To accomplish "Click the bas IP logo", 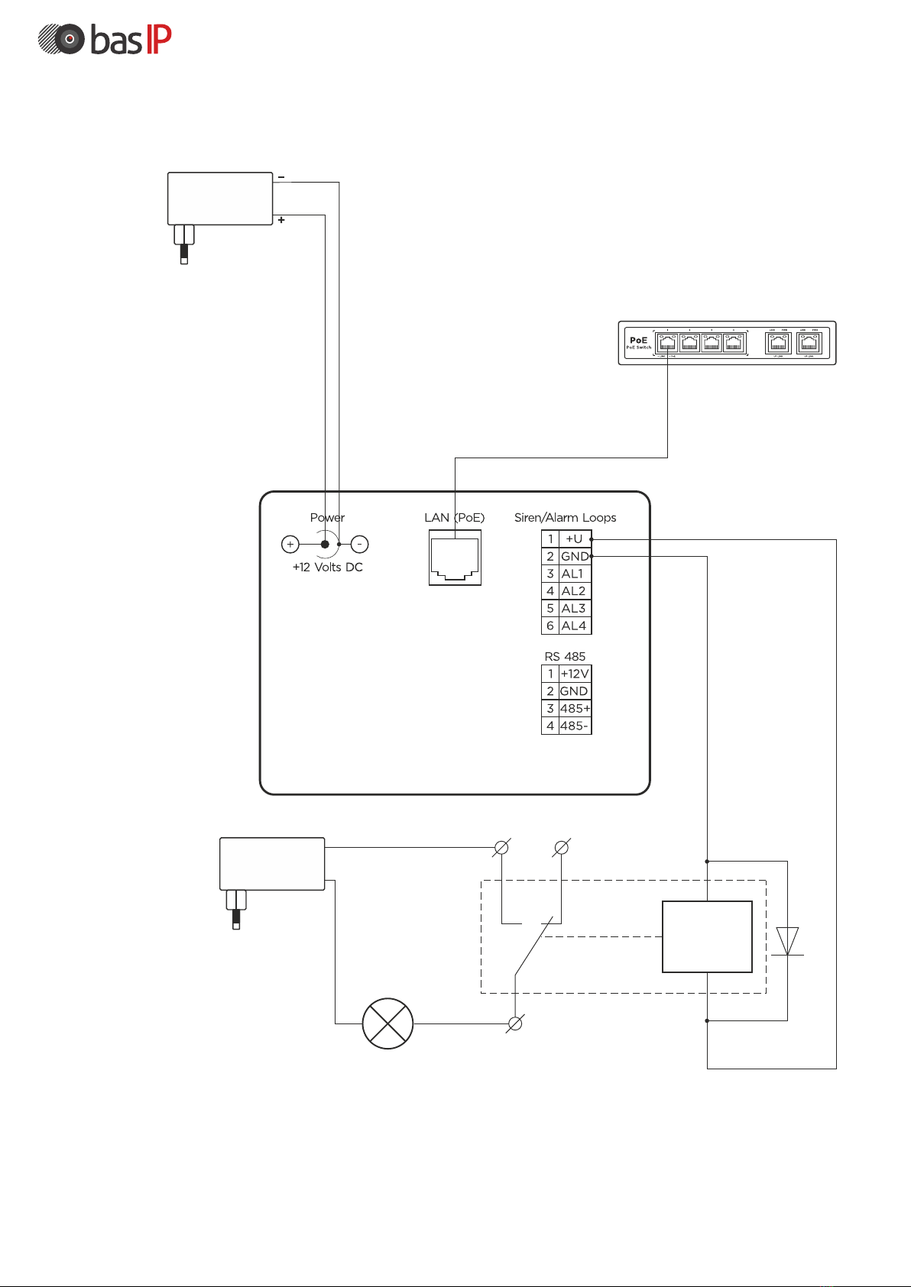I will click(105, 40).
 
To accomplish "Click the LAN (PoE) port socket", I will click(455, 558).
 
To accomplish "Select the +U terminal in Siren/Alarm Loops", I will click(574, 538).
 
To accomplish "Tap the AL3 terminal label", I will click(574, 608).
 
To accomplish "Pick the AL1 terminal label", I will click(572, 574).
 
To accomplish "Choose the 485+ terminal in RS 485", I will click(575, 709).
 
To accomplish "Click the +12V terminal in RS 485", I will click(575, 674).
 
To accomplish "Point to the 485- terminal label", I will click(575, 726).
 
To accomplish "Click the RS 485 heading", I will click(565, 657).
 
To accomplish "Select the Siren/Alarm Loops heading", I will click(565, 518).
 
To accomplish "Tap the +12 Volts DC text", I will click(327, 568).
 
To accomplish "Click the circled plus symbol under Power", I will click(290, 545).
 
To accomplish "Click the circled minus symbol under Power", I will click(359, 545).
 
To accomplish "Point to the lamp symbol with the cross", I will click(387, 1023).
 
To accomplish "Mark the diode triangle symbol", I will click(787, 941).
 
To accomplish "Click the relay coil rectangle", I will click(707, 936).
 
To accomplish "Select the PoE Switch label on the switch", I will click(639, 343).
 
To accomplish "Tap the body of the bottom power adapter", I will click(272, 864).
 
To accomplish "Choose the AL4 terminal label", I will click(574, 626).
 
